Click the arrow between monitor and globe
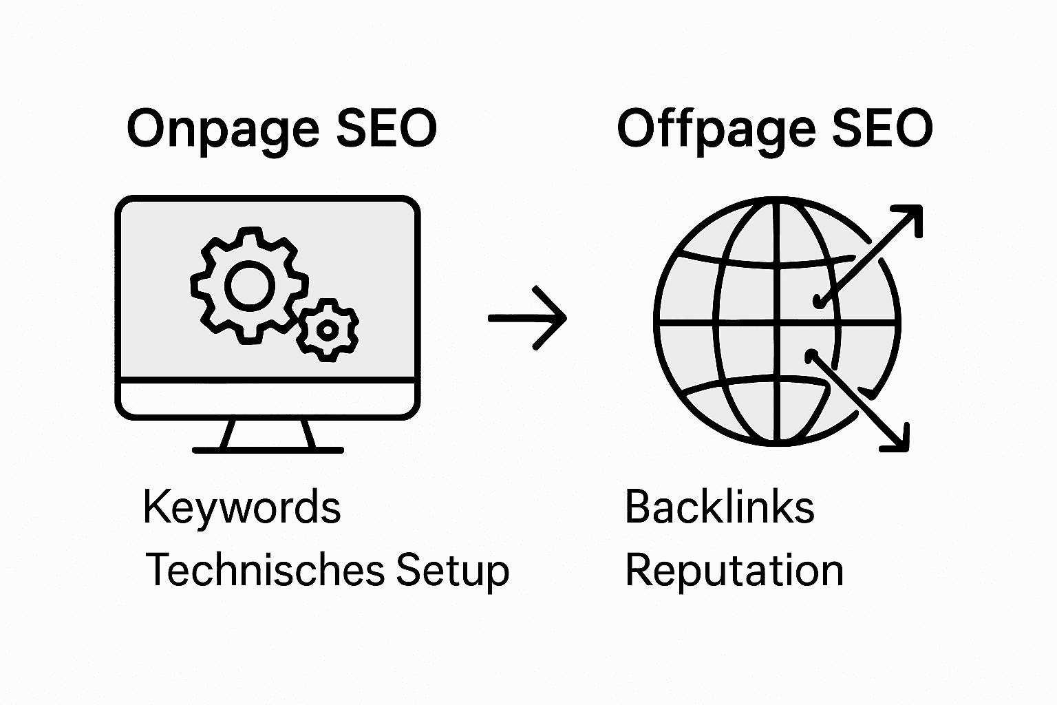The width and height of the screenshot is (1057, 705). pyautogui.click(x=528, y=318)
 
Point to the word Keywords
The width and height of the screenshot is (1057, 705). pyautogui.click(x=242, y=507)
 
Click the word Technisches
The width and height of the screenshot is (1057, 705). pyautogui.click(x=264, y=570)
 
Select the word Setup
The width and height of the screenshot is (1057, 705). pyautogui.click(x=453, y=571)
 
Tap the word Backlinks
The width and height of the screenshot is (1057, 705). pyautogui.click(x=719, y=507)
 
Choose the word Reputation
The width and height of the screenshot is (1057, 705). pyautogui.click(x=734, y=571)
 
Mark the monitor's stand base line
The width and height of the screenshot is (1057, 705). pyautogui.click(x=268, y=450)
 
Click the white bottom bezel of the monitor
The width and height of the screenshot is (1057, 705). pyautogui.click(x=268, y=397)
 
